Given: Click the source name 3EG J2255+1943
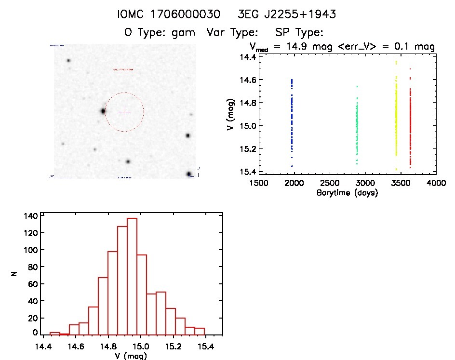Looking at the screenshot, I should click(x=287, y=14).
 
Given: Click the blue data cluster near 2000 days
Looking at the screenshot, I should click(x=292, y=120).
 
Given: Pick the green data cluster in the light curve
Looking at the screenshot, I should click(x=357, y=125).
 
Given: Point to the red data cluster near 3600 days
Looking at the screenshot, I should click(x=410, y=123).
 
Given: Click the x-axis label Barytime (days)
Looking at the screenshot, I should click(x=347, y=193).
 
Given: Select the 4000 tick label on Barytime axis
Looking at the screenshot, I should click(x=436, y=183).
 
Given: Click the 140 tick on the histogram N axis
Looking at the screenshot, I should click(x=30, y=216).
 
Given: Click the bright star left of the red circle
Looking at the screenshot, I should click(x=103, y=111).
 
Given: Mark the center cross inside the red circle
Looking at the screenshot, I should click(x=124, y=112).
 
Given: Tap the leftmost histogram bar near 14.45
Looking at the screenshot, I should click(x=55, y=333).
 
